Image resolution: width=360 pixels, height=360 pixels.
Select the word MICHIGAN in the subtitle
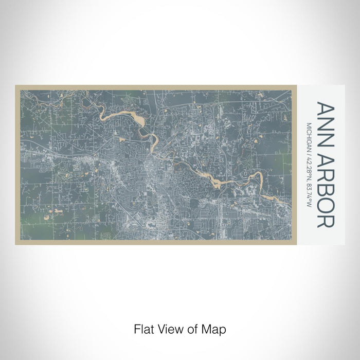pyautogui.click(x=309, y=135)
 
